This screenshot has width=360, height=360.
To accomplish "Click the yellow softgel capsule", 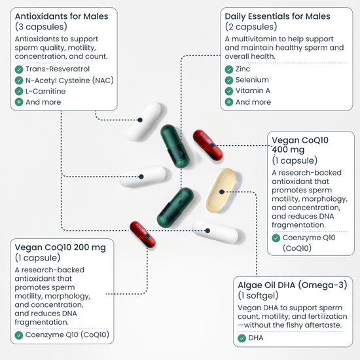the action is tap(221, 190).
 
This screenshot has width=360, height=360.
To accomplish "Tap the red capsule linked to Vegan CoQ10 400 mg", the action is tap(208, 145).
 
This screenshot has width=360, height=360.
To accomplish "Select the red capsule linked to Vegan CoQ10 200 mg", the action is tap(143, 234).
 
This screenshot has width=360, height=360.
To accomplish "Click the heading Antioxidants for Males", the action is tap(62, 16).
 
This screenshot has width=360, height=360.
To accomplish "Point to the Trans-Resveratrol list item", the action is tap(58, 69).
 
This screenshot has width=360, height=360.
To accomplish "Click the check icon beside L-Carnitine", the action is tap(19, 91).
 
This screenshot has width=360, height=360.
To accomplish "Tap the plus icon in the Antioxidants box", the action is tap(19, 102).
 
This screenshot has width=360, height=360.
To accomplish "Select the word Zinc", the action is tap(243, 69).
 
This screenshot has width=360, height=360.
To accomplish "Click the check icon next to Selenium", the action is tap(229, 80).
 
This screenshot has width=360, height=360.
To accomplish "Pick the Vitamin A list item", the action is tap(253, 91).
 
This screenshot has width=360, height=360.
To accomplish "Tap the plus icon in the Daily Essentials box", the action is tap(229, 102).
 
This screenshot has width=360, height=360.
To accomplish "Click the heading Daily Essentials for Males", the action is tap(278, 16).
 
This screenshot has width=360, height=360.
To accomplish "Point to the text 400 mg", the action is tap(288, 149).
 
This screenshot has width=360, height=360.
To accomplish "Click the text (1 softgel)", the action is tap(258, 295).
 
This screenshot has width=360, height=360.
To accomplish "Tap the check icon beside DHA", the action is tap(242, 338).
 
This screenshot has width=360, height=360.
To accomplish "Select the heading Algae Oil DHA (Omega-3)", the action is tap(293, 285).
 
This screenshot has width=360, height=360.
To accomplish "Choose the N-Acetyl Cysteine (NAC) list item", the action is tap(69, 81).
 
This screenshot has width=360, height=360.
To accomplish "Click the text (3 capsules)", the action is tap(41, 27).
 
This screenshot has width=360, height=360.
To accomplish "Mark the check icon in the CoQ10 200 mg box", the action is tap(19, 335).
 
